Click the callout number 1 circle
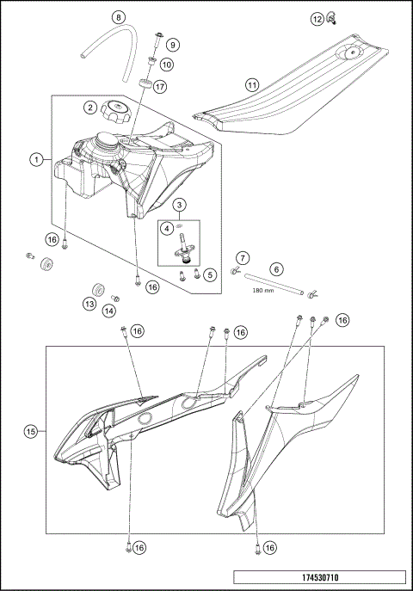coord(36,160)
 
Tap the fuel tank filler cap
coord(115,111)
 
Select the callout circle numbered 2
coord(90,108)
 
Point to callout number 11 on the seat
coord(252,85)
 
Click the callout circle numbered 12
coord(317,19)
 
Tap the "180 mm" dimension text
coord(263,290)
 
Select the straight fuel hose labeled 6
coord(274,284)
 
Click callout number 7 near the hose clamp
coord(243,258)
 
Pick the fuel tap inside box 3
coord(185,248)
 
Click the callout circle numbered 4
coord(166,229)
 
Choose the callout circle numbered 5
coord(210,274)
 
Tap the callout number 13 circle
coord(89,305)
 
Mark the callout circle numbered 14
coord(108,311)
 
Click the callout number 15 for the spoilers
coord(31,431)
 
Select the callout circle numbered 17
coord(160,87)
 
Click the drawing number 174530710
coord(320,577)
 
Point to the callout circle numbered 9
coord(173,45)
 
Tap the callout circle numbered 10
coord(167,65)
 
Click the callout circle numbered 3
coord(179,205)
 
